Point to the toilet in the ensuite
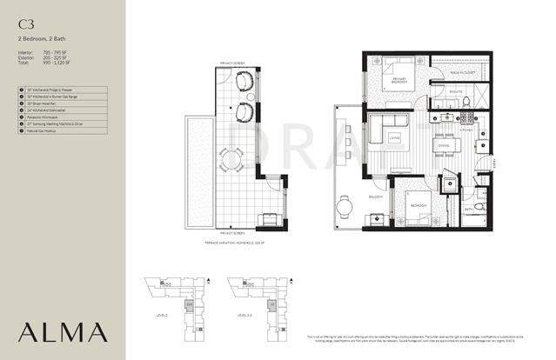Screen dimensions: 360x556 tap(466, 103)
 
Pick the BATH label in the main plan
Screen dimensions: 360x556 tap(468, 209)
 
